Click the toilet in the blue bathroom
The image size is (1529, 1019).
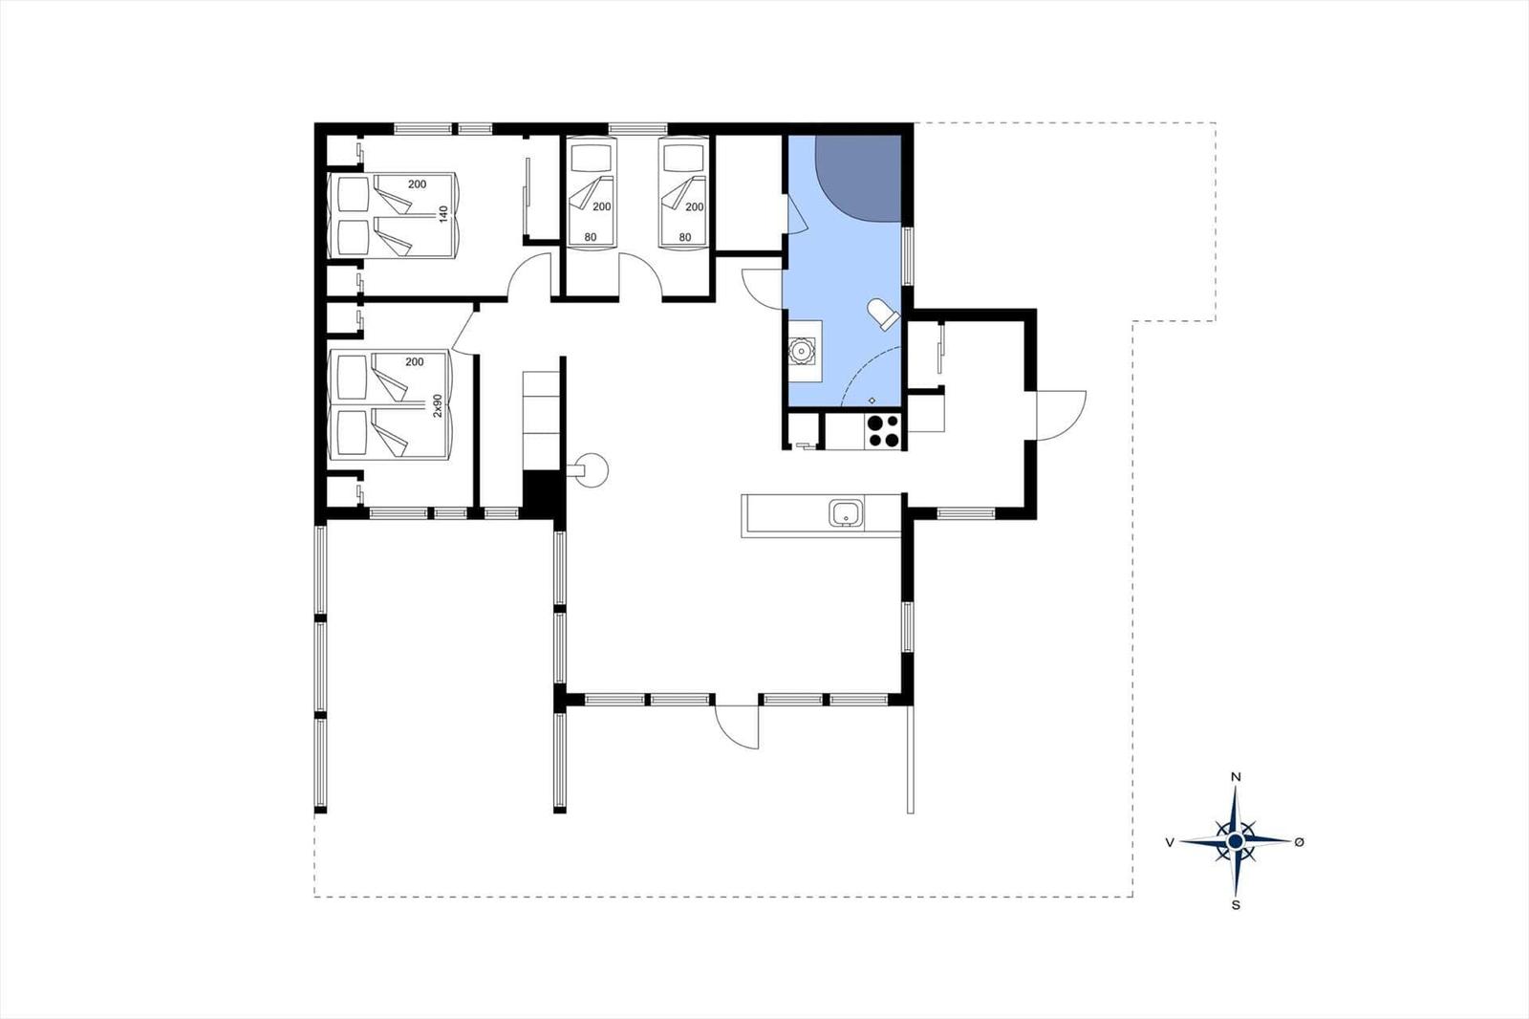pyautogui.click(x=884, y=314)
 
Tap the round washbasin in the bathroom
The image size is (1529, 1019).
pyautogui.click(x=801, y=351)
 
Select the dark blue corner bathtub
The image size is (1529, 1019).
pyautogui.click(x=859, y=178)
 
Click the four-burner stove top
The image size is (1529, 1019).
pyautogui.click(x=883, y=431)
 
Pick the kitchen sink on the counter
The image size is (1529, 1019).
pyautogui.click(x=847, y=513)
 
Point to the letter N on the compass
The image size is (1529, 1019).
pyautogui.click(x=1235, y=776)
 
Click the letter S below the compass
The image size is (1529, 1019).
pyautogui.click(x=1235, y=905)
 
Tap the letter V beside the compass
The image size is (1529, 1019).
pyautogui.click(x=1170, y=843)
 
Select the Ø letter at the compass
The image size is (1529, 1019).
pyautogui.click(x=1299, y=842)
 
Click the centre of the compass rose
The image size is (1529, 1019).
pyautogui.click(x=1235, y=841)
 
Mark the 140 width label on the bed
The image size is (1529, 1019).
pyautogui.click(x=443, y=214)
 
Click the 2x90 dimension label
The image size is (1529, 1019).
pyautogui.click(x=438, y=405)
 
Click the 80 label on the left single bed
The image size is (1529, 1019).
pyautogui.click(x=591, y=238)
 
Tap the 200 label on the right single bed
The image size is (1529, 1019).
pyautogui.click(x=695, y=206)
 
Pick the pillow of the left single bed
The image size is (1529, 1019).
pyautogui.click(x=592, y=158)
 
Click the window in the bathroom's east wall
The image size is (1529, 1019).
pyautogui.click(x=907, y=256)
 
